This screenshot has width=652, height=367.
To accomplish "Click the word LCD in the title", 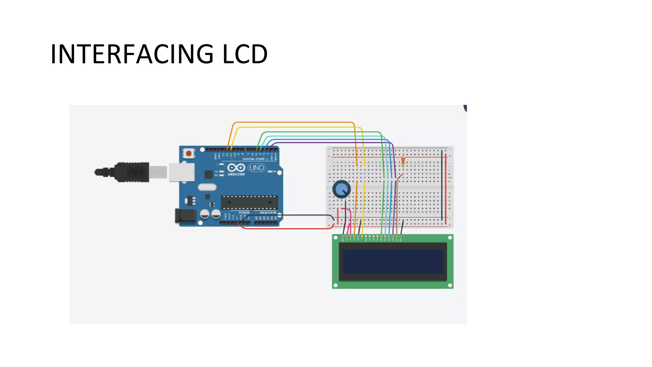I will (x=245, y=54).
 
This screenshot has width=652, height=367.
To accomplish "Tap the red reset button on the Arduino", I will (x=189, y=154).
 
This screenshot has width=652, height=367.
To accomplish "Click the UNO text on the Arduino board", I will (x=257, y=168).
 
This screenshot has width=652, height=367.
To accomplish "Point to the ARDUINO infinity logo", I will (x=236, y=168).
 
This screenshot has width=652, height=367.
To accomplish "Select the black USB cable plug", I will (x=131, y=172).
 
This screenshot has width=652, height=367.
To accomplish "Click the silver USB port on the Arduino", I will (x=181, y=172).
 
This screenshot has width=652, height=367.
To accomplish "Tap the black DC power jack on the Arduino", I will (x=185, y=216).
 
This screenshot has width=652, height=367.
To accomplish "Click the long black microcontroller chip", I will (x=249, y=202).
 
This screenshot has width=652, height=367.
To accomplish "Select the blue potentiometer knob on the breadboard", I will (x=341, y=189).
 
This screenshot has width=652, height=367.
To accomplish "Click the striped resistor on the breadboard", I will (x=403, y=162).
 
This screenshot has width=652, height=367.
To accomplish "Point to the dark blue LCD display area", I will (x=393, y=262).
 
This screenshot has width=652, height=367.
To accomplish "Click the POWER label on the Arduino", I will (x=244, y=212).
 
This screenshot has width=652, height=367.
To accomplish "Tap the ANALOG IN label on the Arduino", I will (x=268, y=212).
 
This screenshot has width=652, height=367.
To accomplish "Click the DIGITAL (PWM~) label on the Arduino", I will (x=253, y=159).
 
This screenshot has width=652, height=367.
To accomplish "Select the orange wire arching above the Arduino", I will (x=293, y=122).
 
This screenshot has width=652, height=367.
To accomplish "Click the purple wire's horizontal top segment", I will (x=331, y=142).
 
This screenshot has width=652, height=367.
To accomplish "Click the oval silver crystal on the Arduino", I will (x=207, y=187).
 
